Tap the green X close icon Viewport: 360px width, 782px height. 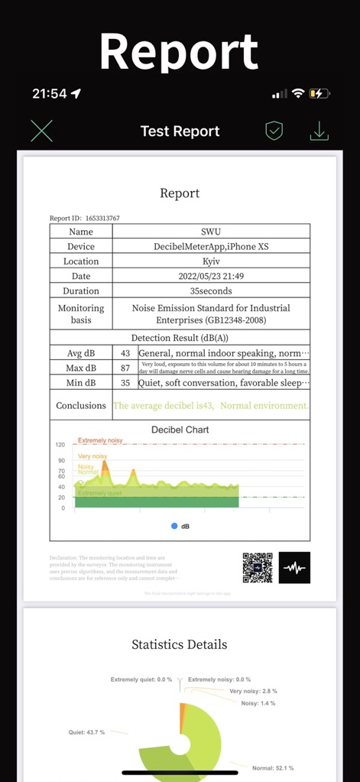[42, 131]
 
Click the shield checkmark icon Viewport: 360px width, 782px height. [274, 131]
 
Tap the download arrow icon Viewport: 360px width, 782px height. [319, 131]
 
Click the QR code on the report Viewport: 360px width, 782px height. [258, 567]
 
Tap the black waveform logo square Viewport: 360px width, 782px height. [294, 567]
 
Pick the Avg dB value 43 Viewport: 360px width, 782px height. [125, 353]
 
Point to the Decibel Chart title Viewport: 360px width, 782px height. [180, 430]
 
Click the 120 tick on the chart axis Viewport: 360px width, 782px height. [60, 444]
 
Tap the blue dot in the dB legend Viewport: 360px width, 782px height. [174, 526]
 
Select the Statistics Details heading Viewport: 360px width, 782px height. [180, 644]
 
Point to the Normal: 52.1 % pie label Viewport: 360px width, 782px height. [272, 767]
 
